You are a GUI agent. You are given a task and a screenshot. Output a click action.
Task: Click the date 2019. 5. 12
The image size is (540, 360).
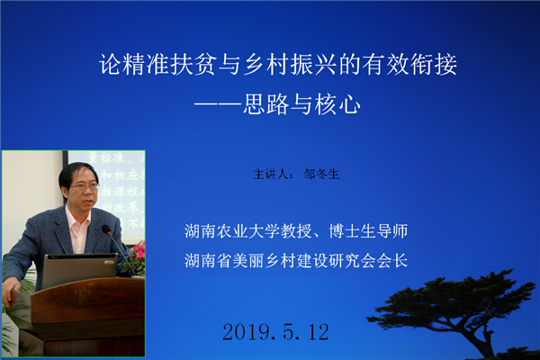point(276,332)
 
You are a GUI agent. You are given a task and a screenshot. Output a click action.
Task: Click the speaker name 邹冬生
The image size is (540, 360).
point(321,175)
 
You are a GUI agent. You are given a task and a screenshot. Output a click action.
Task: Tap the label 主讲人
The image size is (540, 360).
point(271,175)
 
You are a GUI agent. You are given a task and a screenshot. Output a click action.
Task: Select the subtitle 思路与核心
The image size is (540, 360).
point(301,104)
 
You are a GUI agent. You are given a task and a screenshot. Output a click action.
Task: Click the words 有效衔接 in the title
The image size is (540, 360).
point(410,65)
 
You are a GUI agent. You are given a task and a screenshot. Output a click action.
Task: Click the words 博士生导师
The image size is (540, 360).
point(368,230)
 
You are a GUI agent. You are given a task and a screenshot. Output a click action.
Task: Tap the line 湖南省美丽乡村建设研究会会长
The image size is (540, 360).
point(296,260)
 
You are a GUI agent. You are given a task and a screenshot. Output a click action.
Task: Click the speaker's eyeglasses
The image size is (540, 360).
point(85,187)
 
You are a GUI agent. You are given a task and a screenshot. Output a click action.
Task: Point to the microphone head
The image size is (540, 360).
point(105,229)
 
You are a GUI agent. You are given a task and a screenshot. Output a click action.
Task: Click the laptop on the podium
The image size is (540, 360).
point(80,270)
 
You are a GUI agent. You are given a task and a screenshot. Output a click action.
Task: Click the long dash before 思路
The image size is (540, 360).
point(219,104)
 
